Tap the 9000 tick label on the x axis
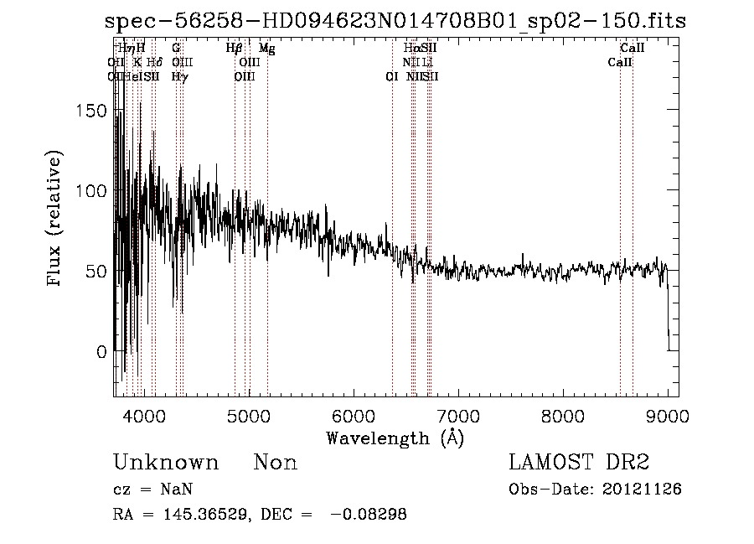tap(668, 415)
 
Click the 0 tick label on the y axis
tap(101, 352)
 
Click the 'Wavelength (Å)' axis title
tap(395, 438)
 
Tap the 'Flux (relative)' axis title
tap(55, 219)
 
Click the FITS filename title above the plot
tap(395, 22)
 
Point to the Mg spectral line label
tap(266, 49)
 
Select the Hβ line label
tap(235, 49)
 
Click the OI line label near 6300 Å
tap(391, 76)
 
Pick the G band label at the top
tap(176, 49)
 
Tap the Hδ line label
tap(153, 62)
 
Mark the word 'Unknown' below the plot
tap(166, 463)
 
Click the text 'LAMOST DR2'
tap(579, 463)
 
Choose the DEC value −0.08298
tap(369, 516)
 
